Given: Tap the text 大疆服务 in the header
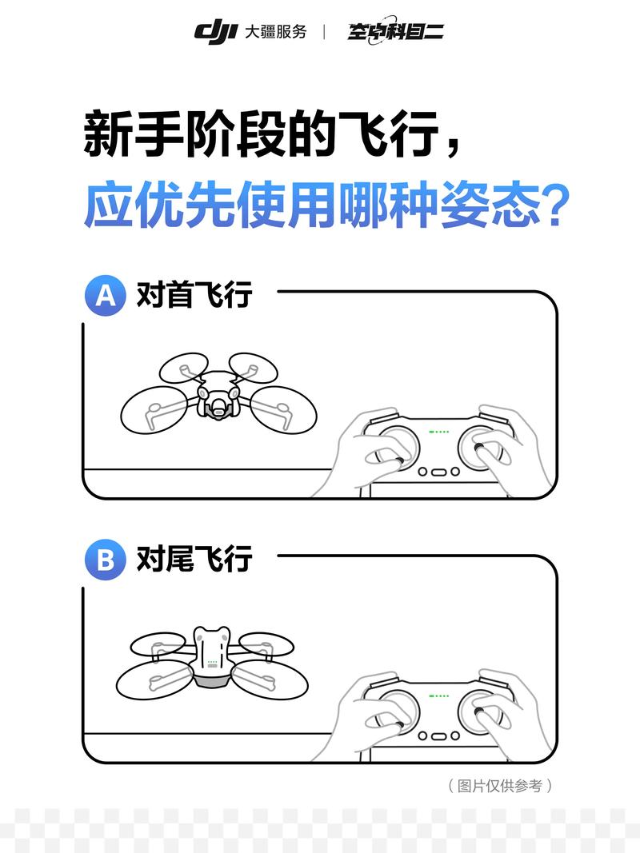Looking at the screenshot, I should (275, 32).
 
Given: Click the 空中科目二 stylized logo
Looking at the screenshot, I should (395, 32).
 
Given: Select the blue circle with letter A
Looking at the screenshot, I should (106, 295).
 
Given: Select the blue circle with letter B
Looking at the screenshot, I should (106, 560).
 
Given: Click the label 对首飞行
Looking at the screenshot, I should (194, 295).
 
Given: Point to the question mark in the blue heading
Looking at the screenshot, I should (553, 206).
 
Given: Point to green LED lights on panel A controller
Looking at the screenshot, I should (439, 432).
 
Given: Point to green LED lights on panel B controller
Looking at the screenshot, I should (439, 696).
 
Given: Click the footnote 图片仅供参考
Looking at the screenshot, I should (500, 786).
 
